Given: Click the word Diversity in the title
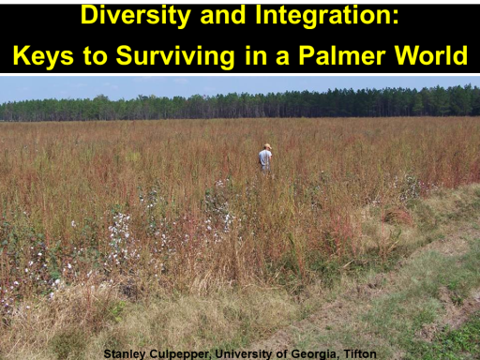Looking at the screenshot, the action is click(x=136, y=16).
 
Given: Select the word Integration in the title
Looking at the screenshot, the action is click(x=323, y=16).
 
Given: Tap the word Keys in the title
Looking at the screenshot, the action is click(x=43, y=56).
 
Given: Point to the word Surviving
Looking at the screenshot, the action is click(x=175, y=56).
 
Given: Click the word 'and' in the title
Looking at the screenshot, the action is click(x=223, y=16).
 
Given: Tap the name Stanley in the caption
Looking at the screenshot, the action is click(x=125, y=354).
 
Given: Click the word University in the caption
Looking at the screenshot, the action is click(x=244, y=354).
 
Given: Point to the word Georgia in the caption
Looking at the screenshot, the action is click(x=315, y=354).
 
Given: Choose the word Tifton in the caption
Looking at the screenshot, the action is click(x=360, y=354).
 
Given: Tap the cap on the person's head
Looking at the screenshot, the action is click(x=267, y=146).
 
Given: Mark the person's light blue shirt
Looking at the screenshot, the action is click(x=265, y=158).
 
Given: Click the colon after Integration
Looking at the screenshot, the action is click(x=396, y=18).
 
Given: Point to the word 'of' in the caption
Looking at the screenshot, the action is click(x=281, y=354).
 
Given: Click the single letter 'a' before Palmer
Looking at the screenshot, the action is click(x=282, y=58).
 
